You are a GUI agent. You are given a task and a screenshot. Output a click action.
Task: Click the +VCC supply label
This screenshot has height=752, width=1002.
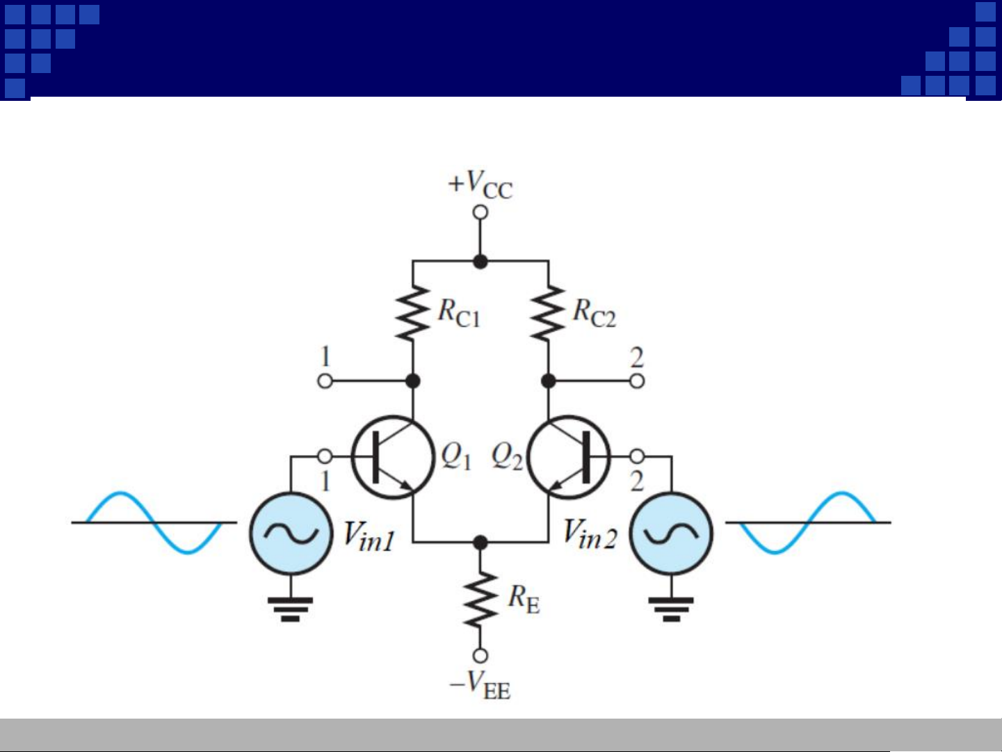tap(480, 185)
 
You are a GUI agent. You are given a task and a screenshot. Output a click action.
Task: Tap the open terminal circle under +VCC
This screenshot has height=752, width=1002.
tap(480, 212)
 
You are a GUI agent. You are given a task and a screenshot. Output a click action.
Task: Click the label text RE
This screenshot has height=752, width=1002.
tap(524, 599)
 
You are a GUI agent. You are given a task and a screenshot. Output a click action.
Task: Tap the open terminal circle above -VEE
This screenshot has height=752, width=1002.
tap(480, 655)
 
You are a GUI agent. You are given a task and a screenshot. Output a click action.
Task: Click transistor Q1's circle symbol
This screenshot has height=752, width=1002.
tap(393, 457)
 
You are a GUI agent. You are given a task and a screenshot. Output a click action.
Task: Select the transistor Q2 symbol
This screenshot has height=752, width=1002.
tap(569, 457)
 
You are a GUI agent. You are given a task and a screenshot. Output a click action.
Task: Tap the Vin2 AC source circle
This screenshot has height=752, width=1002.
tap(671, 534)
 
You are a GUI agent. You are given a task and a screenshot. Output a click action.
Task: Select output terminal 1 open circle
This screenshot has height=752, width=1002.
tap(325, 381)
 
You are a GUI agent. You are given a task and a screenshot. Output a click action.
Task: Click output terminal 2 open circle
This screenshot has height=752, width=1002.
tap(637, 381)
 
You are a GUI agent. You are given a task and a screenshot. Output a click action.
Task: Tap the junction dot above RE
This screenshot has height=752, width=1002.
tap(480, 542)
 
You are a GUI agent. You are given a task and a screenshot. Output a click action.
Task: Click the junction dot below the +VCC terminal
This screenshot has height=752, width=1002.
tap(480, 262)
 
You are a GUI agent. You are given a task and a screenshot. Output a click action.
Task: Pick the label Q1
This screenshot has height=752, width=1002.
tap(456, 456)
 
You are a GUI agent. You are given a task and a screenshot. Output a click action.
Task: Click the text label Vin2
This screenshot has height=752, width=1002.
tap(590, 534)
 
